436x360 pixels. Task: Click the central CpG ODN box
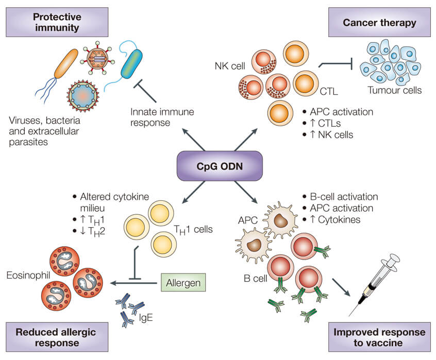(x=217, y=167)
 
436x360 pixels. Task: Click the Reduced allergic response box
(x=57, y=336)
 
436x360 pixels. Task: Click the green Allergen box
(x=184, y=283)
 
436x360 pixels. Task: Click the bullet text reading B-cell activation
(x=344, y=197)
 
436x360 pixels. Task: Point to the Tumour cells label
(x=394, y=91)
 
